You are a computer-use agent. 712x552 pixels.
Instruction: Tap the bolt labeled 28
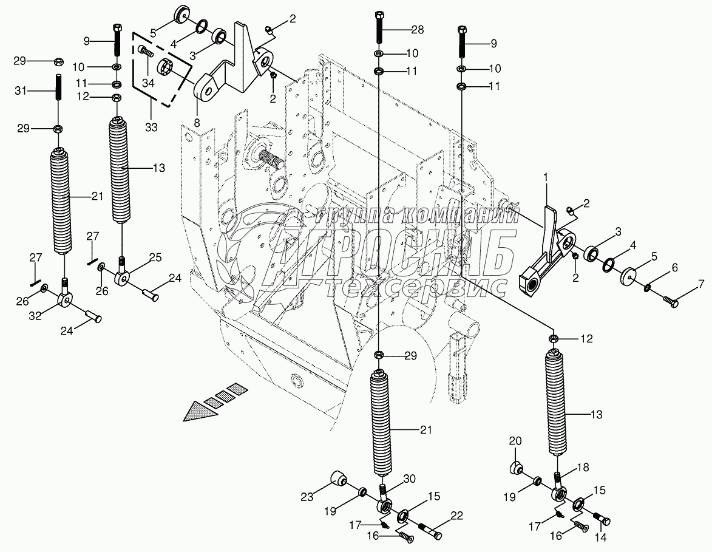379,28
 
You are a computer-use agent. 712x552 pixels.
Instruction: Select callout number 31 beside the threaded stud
21,90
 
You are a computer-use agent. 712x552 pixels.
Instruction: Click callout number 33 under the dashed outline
151,128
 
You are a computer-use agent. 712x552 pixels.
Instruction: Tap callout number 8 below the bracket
197,122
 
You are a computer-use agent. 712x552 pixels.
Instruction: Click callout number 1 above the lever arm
546,177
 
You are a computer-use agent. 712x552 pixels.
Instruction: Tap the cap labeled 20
516,468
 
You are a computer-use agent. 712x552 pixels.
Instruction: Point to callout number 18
583,468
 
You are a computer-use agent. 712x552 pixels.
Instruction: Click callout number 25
156,258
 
